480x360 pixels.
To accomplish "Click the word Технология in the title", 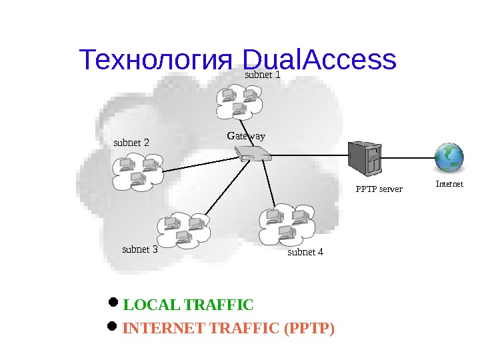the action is point(155,60).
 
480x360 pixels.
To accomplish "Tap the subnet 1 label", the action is point(262,75).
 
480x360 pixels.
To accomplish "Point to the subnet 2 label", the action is point(131,142).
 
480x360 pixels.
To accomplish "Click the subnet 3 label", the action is point(140,249).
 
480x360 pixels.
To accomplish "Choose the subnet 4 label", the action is point(305,252).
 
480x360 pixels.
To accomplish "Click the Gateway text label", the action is point(246,136).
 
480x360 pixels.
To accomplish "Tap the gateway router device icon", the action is point(253,157).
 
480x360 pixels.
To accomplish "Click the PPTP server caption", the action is point(379,189).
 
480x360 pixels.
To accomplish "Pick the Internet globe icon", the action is point(449,158).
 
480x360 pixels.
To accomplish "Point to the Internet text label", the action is point(449,183).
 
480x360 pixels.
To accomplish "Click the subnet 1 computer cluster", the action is point(239,101).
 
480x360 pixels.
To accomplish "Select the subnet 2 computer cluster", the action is point(138,170).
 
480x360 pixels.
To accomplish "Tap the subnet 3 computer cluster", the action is point(182,229).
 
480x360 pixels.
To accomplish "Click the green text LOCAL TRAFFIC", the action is point(189,305).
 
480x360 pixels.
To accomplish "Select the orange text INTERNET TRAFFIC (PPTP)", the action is point(229,329).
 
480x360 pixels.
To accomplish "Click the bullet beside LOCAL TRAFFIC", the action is point(112,304).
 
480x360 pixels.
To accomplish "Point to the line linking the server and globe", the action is point(408,157).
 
